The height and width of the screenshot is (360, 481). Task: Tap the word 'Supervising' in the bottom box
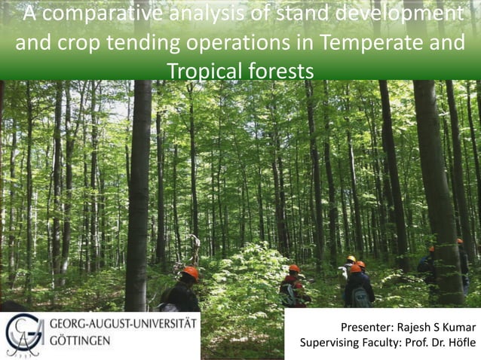332,344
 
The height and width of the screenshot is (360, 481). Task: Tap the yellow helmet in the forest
351,259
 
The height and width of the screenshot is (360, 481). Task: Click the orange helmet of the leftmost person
191,273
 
